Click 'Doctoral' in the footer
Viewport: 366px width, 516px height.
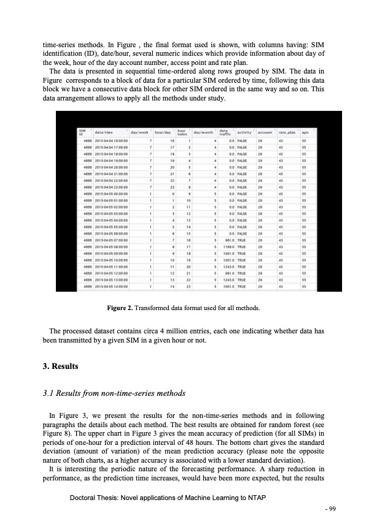86,497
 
